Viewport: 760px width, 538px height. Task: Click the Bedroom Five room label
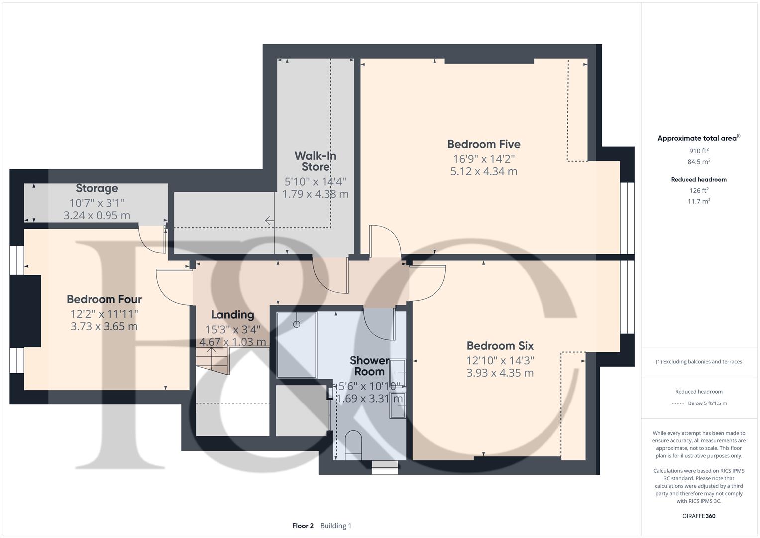tap(483, 144)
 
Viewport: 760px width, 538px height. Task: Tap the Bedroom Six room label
tap(500, 346)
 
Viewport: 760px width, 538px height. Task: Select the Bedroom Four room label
tap(104, 299)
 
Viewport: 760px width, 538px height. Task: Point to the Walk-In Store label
tap(315, 161)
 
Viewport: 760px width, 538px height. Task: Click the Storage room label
tap(97, 188)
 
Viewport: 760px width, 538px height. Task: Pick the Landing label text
tap(232, 315)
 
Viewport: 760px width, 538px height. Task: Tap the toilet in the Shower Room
tap(353, 443)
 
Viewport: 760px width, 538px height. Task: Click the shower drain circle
tap(297, 324)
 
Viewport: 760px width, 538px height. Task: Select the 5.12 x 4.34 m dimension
tap(483, 171)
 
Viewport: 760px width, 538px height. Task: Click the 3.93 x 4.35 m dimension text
tap(500, 373)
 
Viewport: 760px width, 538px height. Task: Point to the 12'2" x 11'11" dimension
tap(104, 314)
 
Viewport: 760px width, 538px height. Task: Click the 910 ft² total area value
tap(699, 151)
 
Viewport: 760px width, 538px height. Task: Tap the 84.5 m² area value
tap(699, 162)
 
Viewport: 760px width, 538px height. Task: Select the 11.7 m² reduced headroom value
tap(699, 201)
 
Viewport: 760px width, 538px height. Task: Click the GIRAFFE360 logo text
tap(699, 516)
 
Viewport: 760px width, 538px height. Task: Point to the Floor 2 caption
tap(303, 526)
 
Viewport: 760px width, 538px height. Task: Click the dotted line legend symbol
tap(677, 403)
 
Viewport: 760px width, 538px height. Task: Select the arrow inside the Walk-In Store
tap(269, 220)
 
